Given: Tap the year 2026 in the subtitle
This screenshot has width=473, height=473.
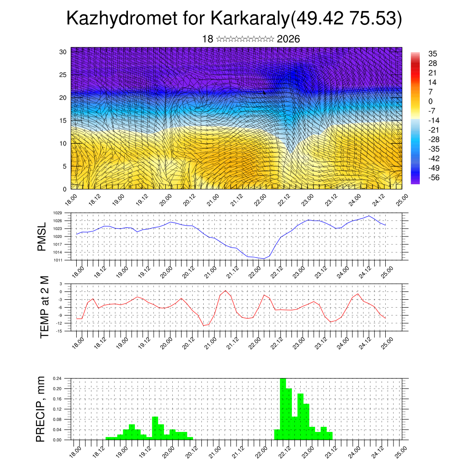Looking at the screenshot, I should (x=288, y=39).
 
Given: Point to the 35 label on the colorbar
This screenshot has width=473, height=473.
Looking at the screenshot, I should (x=433, y=54).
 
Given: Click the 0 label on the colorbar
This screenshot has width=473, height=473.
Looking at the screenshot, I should (x=431, y=101).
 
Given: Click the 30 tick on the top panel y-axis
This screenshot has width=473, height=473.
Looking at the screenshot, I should (x=63, y=52).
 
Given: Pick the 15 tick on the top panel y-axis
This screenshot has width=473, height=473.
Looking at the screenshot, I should (x=63, y=121).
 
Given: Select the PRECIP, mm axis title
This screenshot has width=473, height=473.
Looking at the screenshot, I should (x=42, y=408).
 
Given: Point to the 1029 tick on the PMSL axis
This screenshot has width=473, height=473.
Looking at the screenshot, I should (x=58, y=213).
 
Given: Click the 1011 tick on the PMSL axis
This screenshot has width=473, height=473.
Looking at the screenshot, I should (x=58, y=260).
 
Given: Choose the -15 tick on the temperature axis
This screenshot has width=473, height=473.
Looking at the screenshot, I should (x=60, y=331).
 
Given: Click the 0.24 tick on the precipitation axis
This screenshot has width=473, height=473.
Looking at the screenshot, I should (x=57, y=378).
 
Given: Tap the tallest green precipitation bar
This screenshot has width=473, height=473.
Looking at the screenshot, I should (x=283, y=409).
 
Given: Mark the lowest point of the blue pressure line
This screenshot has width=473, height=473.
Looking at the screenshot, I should (x=264, y=259).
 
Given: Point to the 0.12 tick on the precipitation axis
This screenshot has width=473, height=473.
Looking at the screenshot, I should (x=57, y=409).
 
